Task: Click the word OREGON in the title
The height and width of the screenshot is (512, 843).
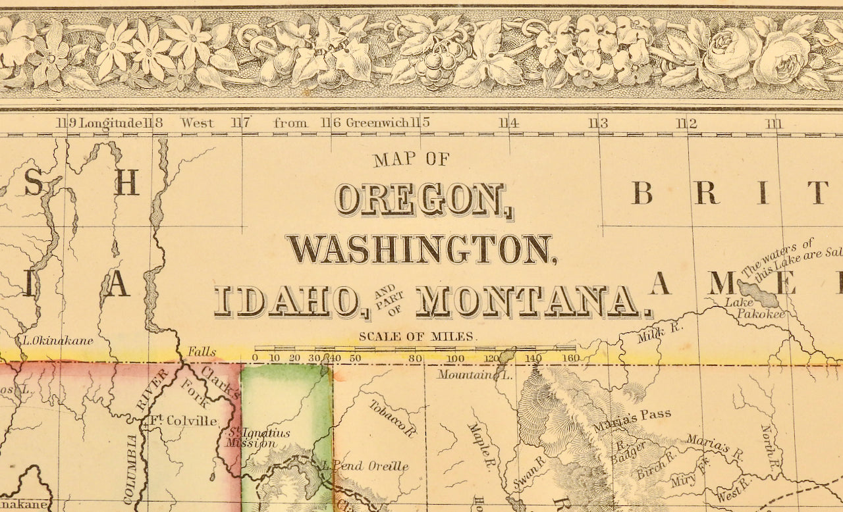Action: [422, 200]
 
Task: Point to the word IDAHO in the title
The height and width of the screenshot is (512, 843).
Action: [290, 302]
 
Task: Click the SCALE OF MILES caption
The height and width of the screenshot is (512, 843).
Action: [416, 336]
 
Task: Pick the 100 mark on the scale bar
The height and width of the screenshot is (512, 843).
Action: [456, 358]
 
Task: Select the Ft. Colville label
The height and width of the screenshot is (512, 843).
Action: [182, 420]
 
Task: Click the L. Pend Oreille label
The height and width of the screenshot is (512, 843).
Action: [365, 466]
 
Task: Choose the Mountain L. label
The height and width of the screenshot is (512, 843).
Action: [475, 375]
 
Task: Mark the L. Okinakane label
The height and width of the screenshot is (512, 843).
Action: [57, 340]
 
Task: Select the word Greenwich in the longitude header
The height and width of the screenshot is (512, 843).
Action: [378, 122]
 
